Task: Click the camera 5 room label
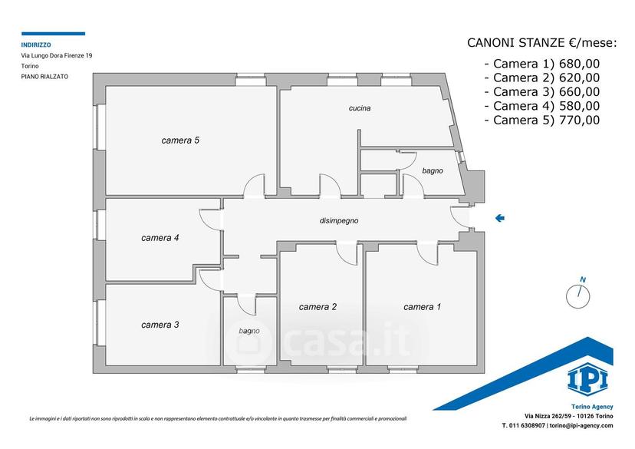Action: coord(180,140)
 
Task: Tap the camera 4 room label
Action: coord(160,238)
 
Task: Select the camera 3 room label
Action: coord(160,325)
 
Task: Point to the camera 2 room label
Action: coord(317,307)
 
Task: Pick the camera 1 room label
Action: coord(422,307)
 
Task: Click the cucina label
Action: coord(360,108)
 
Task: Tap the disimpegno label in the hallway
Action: coord(339,221)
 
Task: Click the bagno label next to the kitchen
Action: coord(433,171)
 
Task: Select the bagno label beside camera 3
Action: coord(249,331)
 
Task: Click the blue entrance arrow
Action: coord(500,218)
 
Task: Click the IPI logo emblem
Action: coord(587,380)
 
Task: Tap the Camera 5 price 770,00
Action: coord(579,120)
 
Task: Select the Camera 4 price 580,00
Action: coord(579,106)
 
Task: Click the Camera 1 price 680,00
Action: coord(579,64)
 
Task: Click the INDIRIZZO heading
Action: coord(36,45)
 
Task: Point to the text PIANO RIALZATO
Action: coord(44,76)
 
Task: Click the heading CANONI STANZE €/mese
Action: coord(542,42)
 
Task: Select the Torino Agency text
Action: coord(592,407)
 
